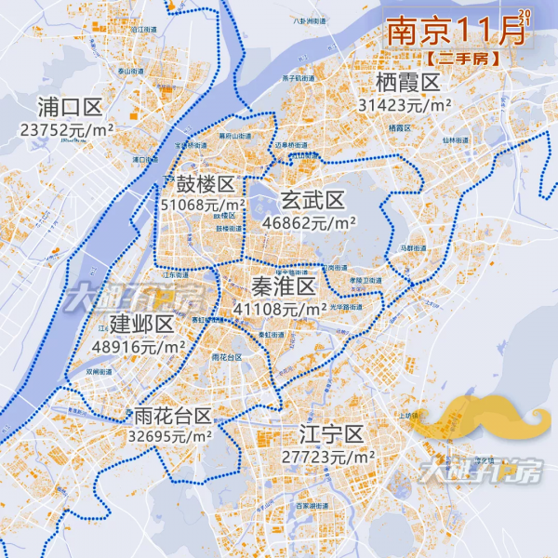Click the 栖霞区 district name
[407, 83]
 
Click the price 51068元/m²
[204, 205]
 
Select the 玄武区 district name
[312, 199]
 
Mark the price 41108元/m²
[280, 308]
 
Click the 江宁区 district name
[330, 434]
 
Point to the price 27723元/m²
[327, 458]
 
